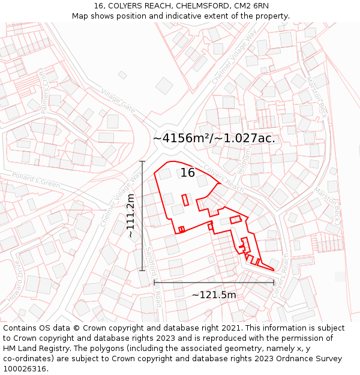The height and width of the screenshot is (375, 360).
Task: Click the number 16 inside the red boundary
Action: [x=187, y=173]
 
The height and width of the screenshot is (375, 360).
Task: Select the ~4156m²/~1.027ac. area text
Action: [x=214, y=138]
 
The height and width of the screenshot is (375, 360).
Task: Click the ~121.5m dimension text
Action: [x=214, y=295]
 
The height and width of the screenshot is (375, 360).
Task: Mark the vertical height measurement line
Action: [x=142, y=216]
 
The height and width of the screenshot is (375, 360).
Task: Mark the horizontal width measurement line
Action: [x=214, y=282]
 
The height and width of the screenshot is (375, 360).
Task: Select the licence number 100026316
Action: [x=25, y=369]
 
